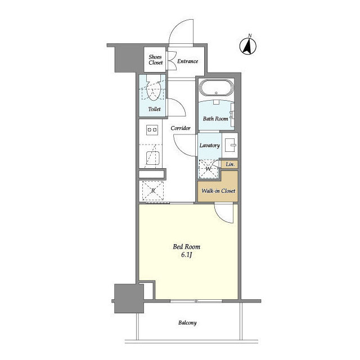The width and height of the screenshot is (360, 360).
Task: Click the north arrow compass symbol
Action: click(x=248, y=46)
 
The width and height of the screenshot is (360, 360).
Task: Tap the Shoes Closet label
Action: click(x=155, y=60)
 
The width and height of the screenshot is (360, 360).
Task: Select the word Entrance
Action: click(x=187, y=61)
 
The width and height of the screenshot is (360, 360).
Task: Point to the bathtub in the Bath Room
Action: click(x=216, y=88)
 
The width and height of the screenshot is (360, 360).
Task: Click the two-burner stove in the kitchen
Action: click(x=152, y=130)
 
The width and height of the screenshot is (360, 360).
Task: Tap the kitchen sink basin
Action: click(x=152, y=158)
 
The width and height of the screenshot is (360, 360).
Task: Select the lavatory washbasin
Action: click(x=230, y=145)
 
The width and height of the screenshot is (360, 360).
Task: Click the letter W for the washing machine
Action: click(x=208, y=169)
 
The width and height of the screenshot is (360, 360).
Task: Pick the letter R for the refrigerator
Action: click(x=153, y=191)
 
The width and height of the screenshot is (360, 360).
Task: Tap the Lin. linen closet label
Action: click(x=230, y=164)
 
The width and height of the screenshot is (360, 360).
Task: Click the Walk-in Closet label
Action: click(x=218, y=191)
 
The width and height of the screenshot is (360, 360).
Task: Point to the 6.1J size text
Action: click(x=186, y=255)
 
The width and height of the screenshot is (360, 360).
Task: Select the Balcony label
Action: click(x=187, y=323)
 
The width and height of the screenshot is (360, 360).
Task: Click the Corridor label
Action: click(x=181, y=128)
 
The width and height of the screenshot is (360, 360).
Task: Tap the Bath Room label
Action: click(x=215, y=119)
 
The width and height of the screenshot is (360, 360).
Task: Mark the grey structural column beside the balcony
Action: click(x=129, y=299)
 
